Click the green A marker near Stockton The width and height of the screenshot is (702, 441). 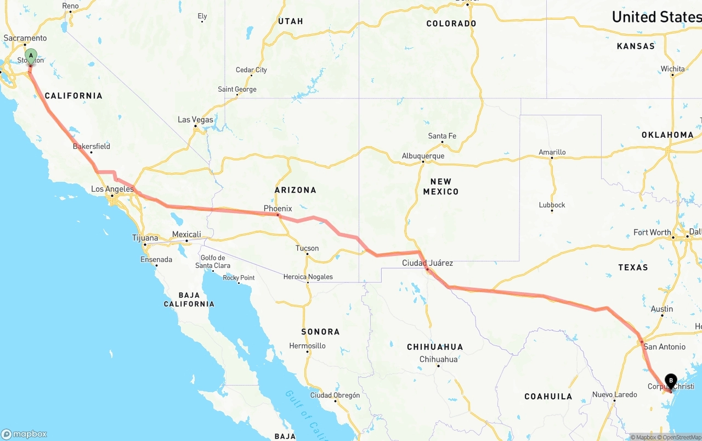tap(31, 55)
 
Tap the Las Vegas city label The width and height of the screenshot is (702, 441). tap(195, 120)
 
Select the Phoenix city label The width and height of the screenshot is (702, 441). tap(278, 209)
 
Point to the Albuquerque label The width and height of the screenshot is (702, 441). tap(423, 156)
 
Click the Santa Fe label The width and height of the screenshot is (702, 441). tap(442, 136)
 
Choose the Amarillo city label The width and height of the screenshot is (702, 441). tap(552, 152)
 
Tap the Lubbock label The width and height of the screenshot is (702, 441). tap(552, 205)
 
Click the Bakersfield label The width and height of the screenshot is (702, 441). tap(92, 146)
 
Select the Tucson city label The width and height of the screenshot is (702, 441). tap(307, 248)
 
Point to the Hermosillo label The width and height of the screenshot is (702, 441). tap(307, 345)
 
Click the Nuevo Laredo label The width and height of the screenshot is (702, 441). tap(614, 394)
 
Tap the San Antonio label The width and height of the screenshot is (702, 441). tap(664, 347)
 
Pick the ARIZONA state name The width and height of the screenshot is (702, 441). tap(296, 190)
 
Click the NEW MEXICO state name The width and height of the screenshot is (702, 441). tap(441, 186)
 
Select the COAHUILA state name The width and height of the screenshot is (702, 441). tap(548, 396)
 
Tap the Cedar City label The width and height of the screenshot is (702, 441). tap(251, 70)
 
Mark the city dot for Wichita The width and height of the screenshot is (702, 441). tap(672, 75)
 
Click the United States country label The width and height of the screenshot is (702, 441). tap(656, 17)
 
